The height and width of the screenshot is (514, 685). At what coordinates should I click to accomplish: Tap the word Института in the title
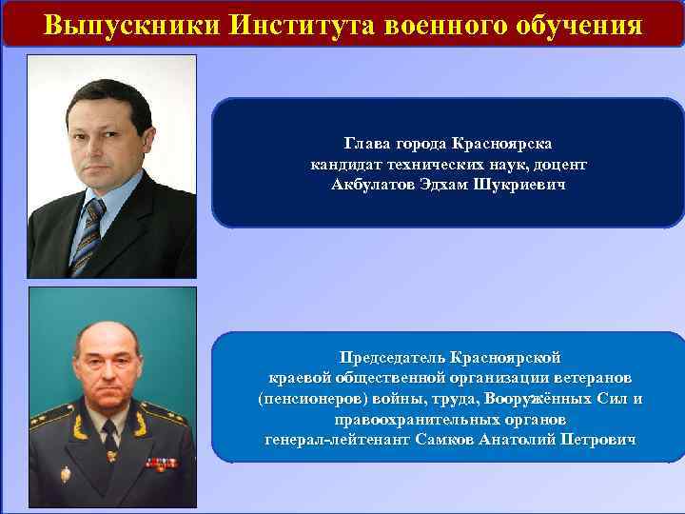(x=293, y=24)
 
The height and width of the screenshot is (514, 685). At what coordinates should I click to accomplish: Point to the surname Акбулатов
(x=375, y=182)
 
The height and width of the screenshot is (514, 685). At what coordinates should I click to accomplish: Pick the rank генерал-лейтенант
(x=338, y=439)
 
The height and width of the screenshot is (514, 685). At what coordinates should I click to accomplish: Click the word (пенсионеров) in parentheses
(x=309, y=399)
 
